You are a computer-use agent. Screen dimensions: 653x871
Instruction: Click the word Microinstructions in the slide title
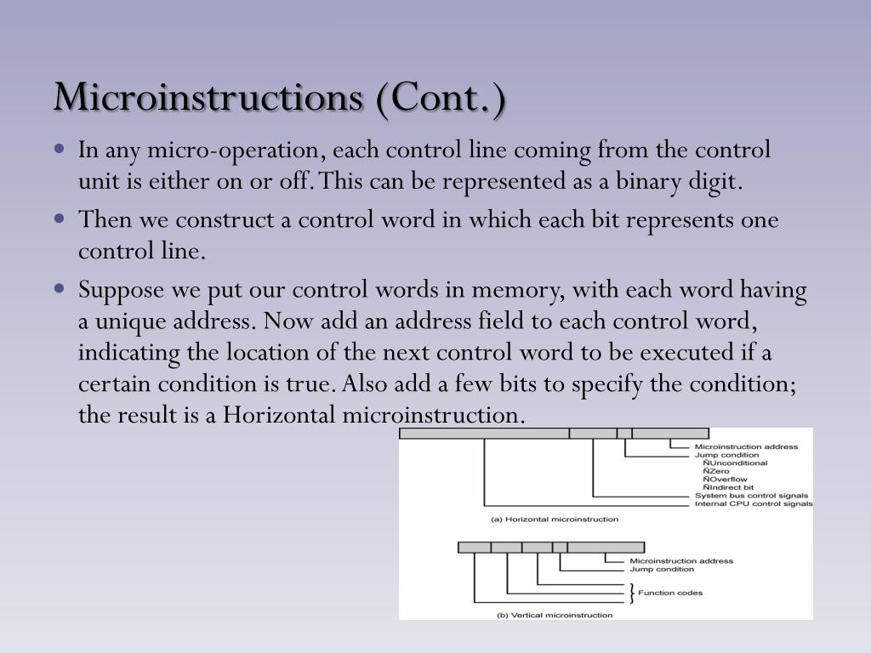click(208, 97)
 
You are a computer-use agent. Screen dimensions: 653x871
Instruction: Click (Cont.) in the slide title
click(438, 97)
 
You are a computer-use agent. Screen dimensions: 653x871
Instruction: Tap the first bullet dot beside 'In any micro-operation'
click(59, 149)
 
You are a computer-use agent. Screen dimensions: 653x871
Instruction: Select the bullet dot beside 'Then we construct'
click(59, 219)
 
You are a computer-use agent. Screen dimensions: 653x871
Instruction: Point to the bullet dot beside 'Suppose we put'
click(59, 288)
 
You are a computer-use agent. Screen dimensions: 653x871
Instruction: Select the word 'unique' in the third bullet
click(128, 322)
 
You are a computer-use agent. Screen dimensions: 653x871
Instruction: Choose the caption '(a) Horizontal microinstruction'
click(555, 519)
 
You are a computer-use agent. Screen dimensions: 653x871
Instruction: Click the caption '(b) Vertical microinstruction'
click(554, 615)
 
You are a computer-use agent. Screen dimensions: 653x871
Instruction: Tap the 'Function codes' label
click(670, 593)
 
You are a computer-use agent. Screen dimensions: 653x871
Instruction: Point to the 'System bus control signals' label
click(751, 496)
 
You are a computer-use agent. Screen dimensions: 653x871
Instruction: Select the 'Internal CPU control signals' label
click(753, 504)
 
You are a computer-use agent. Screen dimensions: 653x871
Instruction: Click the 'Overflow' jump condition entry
click(726, 480)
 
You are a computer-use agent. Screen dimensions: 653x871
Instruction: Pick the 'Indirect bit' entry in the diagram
click(729, 488)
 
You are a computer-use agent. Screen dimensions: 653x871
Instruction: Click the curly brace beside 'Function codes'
click(632, 592)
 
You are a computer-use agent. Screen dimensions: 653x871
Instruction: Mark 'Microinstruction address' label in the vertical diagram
click(680, 561)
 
